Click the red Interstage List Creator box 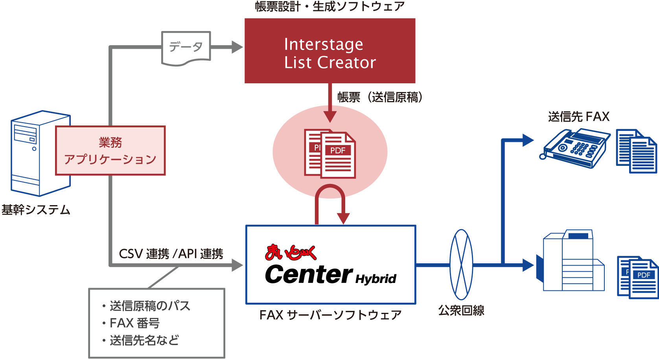tap(329, 51)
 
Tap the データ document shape tap(186, 48)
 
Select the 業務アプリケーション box tap(110, 151)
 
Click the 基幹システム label tap(36, 210)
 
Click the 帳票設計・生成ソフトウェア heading tap(329, 6)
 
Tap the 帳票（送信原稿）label tap(380, 97)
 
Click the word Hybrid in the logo tap(376, 279)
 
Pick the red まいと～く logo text tap(291, 253)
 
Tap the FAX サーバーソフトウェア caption tap(330, 315)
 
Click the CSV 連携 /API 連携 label tap(171, 254)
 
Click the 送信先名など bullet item tap(144, 340)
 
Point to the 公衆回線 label tap(461, 310)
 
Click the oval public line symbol tap(461, 264)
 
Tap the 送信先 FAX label tap(578, 117)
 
